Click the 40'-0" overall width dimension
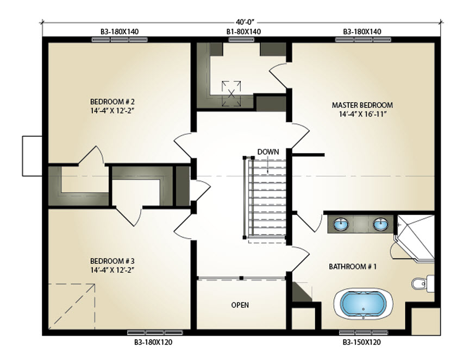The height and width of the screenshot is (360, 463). [245, 22]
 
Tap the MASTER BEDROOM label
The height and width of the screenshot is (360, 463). [362, 105]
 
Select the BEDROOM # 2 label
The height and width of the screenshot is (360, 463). [112, 102]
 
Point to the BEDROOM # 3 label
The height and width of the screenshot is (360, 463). [112, 261]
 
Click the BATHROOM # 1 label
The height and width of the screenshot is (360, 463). [353, 267]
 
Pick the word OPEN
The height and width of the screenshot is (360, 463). [240, 305]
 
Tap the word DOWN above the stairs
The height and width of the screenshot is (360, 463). [268, 152]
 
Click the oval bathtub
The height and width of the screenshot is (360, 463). [363, 304]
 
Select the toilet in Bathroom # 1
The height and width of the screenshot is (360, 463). [423, 283]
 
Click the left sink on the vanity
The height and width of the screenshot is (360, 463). [341, 224]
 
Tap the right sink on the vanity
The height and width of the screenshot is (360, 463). [380, 224]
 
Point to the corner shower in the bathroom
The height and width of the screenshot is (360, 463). [415, 238]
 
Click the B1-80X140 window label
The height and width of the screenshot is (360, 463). [243, 31]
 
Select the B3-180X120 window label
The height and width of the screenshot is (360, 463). [153, 343]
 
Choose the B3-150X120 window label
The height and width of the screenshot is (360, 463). [362, 343]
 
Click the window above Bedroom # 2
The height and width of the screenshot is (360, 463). [120, 40]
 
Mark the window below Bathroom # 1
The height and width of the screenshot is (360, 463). [364, 332]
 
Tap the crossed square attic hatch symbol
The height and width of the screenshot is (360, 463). [231, 94]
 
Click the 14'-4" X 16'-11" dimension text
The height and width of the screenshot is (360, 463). [362, 114]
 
